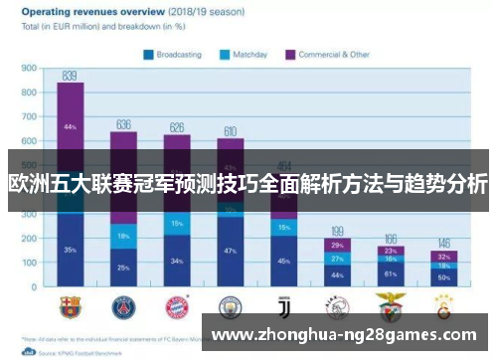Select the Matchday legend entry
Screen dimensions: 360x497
pos(248,55)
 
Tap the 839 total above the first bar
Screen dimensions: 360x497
pos(70,76)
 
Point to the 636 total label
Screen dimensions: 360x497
pos(123,124)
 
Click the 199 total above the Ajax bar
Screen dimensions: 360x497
pos(337,230)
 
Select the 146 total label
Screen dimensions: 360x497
pos(444,243)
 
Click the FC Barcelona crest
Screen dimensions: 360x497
pos(70,304)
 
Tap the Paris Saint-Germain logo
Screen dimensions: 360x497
pos(123,304)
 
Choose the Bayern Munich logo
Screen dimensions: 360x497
pos(177,304)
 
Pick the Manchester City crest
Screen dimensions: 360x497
pos(231,304)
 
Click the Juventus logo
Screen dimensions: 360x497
pos(284,304)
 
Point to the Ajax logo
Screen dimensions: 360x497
pos(338,304)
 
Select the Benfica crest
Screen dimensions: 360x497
pos(391,304)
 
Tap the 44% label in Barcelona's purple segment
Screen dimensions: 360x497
pos(70,127)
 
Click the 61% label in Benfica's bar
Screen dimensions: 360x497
pos(391,272)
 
